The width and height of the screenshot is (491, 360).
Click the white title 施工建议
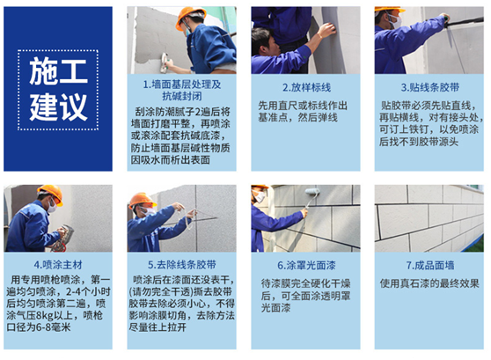[x=58, y=90]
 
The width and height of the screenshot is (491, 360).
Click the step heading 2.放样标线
[x=306, y=87]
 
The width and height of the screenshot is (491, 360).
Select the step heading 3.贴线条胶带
[x=430, y=87]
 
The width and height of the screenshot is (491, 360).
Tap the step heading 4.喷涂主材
[x=58, y=265]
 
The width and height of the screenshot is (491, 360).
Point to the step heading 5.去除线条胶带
[x=182, y=265]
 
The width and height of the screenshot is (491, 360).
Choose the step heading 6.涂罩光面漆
[x=306, y=265]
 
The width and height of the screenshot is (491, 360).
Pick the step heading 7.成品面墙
[x=430, y=265]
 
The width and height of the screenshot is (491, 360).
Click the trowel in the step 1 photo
[x=164, y=62]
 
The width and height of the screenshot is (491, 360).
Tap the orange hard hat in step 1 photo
[x=189, y=17]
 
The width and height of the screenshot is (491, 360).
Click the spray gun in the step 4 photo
[x=63, y=237]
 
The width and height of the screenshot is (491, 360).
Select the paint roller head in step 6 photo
[x=312, y=191]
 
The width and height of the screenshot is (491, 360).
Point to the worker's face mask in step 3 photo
[x=395, y=22]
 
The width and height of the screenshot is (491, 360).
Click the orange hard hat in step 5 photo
[x=142, y=200]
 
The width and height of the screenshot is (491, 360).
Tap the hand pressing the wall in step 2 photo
[x=326, y=31]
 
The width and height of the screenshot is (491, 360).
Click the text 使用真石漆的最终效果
[x=429, y=283]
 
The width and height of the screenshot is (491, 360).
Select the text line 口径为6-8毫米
[x=39, y=327]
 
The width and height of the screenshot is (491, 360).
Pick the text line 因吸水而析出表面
[x=171, y=160]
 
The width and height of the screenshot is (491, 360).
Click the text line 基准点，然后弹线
[x=297, y=117]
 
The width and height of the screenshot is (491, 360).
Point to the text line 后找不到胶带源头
[x=419, y=142]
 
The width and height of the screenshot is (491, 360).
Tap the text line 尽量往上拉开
[x=158, y=327]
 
